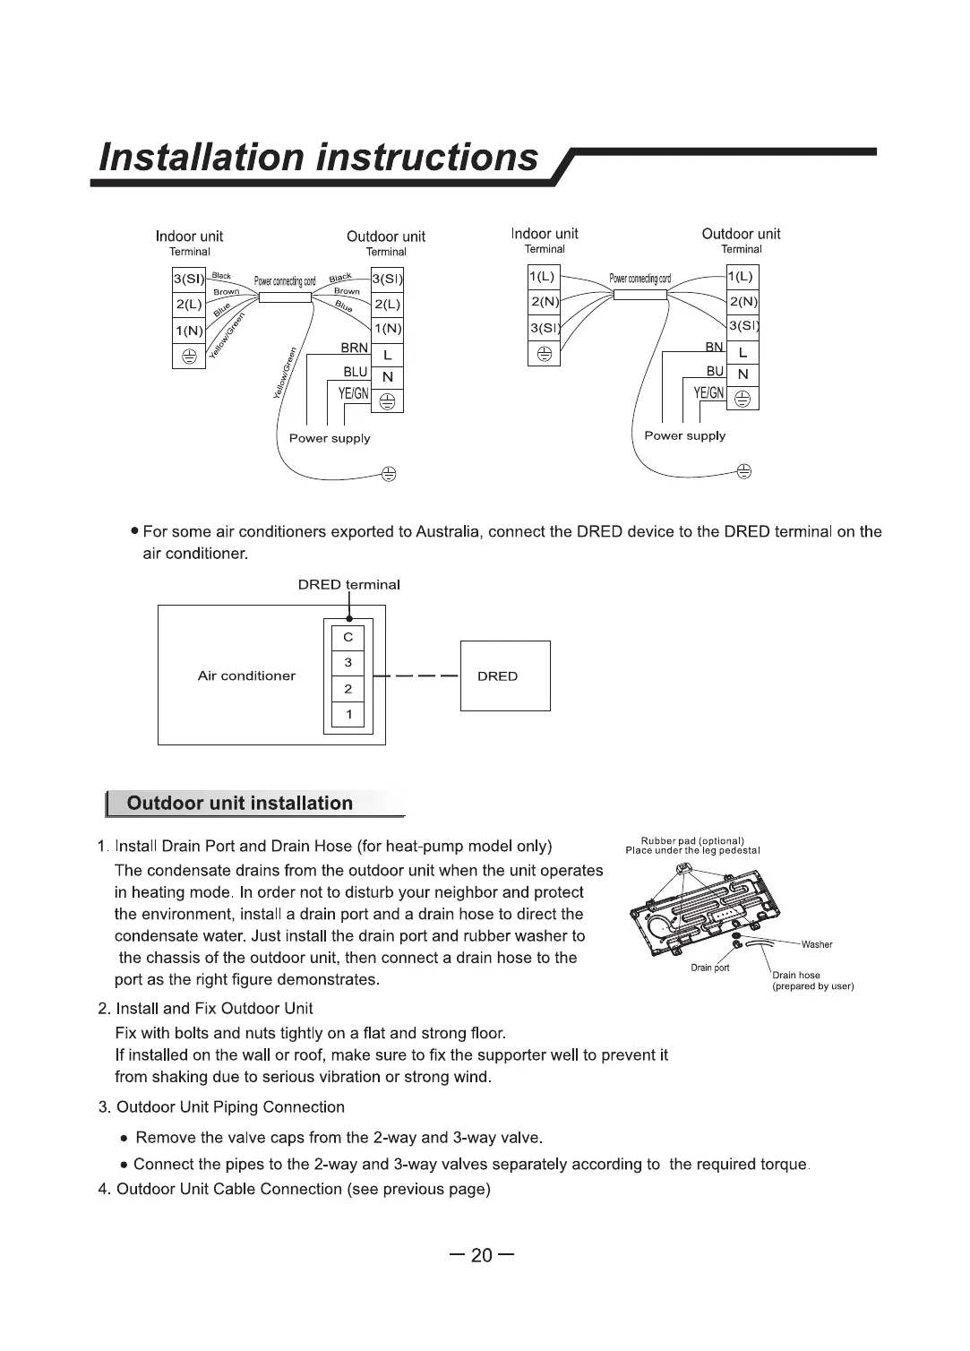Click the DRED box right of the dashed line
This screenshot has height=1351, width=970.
click(504, 676)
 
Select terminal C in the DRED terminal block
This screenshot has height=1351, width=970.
click(348, 638)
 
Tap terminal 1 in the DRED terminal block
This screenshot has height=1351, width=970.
click(348, 714)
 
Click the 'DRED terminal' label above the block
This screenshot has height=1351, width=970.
click(348, 585)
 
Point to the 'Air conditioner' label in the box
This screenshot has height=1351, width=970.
click(246, 676)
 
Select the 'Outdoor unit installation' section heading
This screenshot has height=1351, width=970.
click(240, 804)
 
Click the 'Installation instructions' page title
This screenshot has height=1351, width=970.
click(319, 158)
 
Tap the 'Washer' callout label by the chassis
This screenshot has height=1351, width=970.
click(817, 944)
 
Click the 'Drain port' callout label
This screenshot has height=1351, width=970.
click(710, 968)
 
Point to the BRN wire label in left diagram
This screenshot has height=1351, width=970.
click(355, 348)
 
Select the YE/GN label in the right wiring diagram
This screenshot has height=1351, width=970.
click(708, 392)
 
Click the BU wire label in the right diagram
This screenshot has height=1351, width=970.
click(715, 371)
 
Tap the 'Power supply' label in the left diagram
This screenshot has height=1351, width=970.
click(330, 439)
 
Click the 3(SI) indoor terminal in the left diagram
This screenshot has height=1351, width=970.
click(189, 280)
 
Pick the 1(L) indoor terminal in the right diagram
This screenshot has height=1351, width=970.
click(543, 277)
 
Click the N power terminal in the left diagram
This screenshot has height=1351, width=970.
click(387, 377)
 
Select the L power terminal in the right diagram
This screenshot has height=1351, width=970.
click(743, 353)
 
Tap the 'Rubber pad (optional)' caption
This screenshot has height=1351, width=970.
click(692, 840)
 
